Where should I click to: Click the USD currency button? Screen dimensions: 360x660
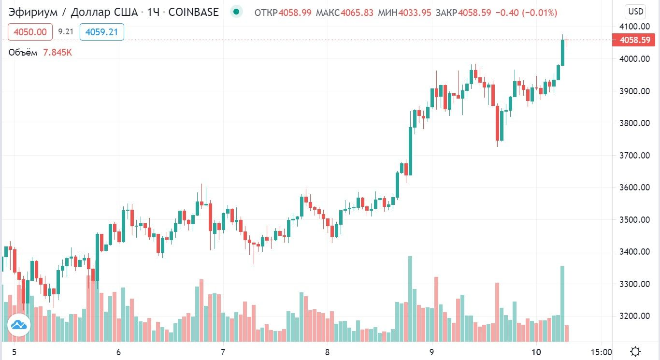pos(635,12)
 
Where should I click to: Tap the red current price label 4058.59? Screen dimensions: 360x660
pos(635,40)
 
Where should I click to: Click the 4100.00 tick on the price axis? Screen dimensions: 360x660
pos(635,27)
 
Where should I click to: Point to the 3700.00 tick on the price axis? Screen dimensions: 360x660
pos(635,155)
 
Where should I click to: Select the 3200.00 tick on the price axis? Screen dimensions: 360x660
pos(635,316)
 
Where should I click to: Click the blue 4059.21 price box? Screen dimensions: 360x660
pos(101,32)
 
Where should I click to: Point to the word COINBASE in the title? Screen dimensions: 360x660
pos(193,12)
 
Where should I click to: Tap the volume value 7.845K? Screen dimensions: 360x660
pos(57,53)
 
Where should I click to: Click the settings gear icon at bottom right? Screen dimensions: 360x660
pos(636,351)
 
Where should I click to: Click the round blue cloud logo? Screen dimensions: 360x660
pos(19,325)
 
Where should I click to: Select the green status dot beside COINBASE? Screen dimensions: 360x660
pos(236,12)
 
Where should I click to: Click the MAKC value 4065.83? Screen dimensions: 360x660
pos(357,13)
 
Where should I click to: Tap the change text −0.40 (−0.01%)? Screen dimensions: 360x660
pos(526,13)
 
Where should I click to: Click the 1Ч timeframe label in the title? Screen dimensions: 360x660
pos(153,12)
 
